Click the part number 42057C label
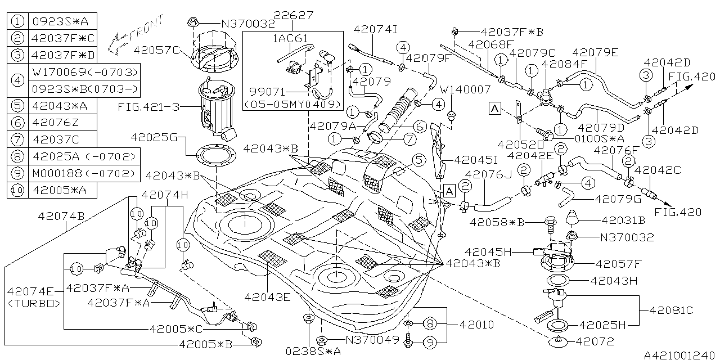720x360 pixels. tap(156, 49)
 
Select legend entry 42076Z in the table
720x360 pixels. tap(52, 122)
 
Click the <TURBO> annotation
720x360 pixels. tap(34, 303)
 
